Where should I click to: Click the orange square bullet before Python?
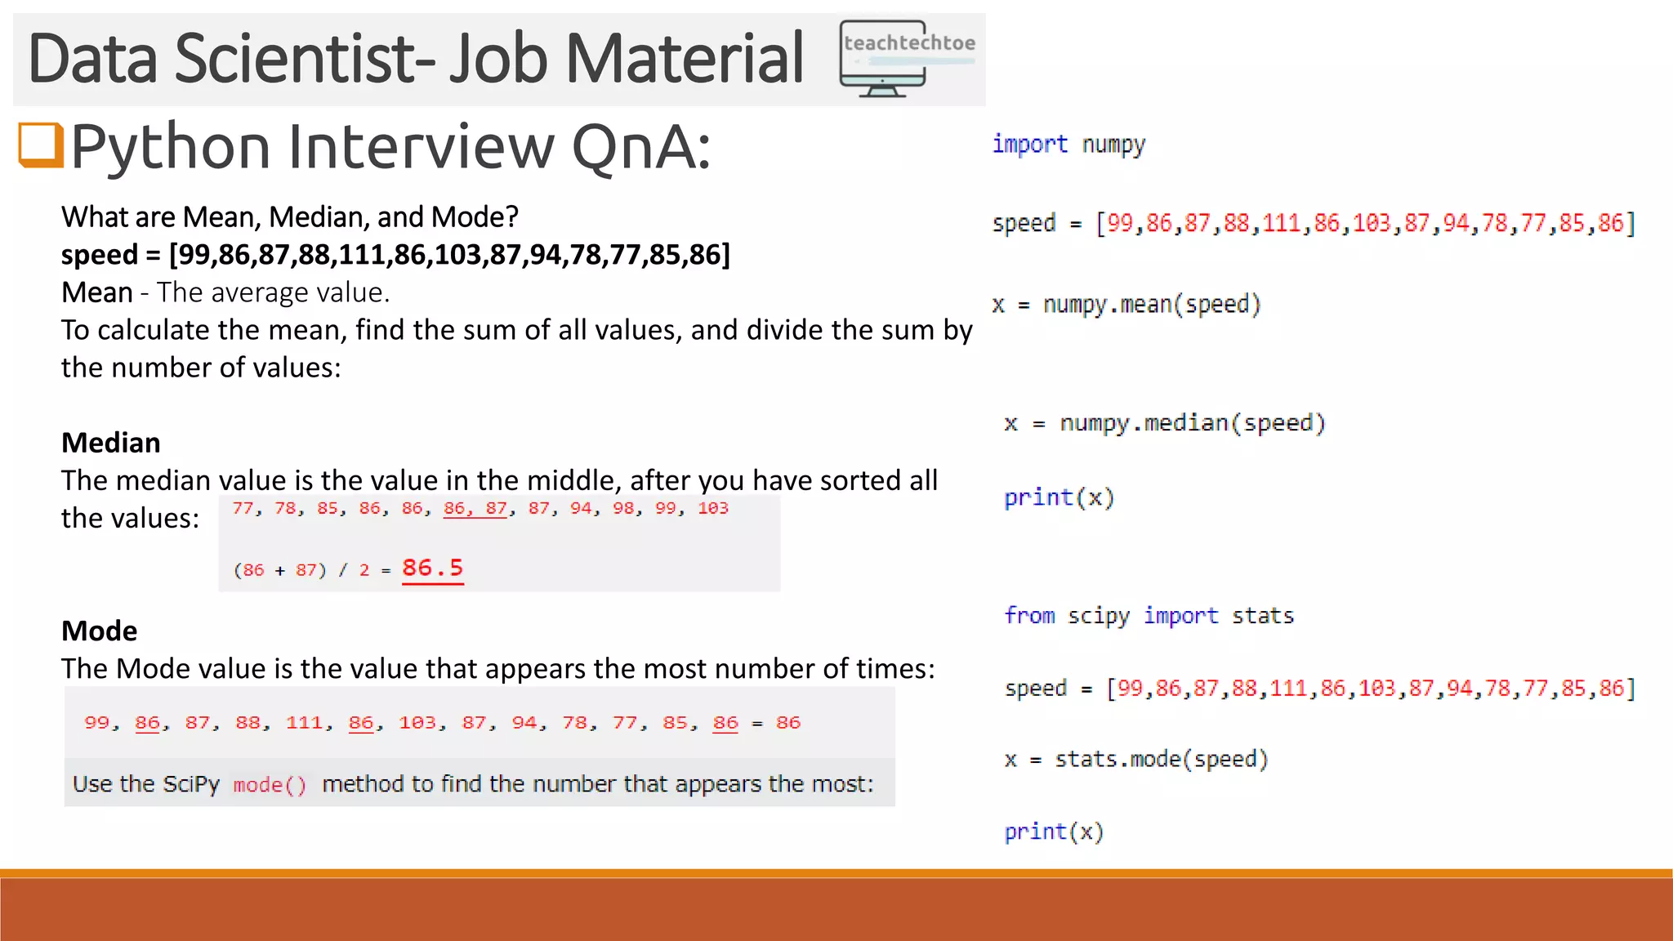(41, 145)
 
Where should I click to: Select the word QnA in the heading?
(640, 148)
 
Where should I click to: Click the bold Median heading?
(111, 443)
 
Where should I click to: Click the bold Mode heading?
(100, 631)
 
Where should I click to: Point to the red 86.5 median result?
(432, 568)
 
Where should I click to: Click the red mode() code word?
(270, 785)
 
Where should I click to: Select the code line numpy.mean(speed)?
(1152, 305)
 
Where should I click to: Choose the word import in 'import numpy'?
(1029, 145)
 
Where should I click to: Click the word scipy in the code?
(1099, 615)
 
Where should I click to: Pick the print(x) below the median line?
(1059, 497)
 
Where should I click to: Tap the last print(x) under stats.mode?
(1054, 832)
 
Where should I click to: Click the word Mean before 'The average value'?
(97, 292)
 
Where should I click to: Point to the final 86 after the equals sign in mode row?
(788, 723)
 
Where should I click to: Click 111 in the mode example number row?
(304, 723)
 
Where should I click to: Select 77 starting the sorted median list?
(243, 508)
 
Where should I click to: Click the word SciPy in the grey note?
(191, 784)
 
